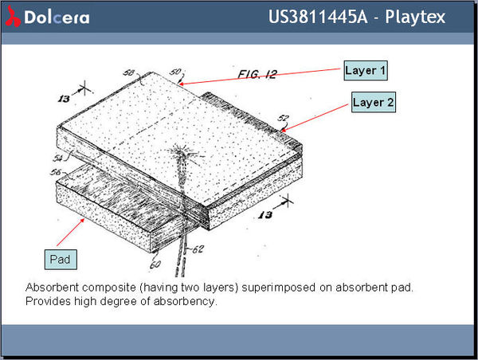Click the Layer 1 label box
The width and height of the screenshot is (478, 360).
(366, 70)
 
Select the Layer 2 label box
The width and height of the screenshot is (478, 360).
(374, 102)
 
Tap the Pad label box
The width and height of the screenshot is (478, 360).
(61, 260)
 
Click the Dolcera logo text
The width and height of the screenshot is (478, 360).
(57, 18)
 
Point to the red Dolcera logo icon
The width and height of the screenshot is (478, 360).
(13, 17)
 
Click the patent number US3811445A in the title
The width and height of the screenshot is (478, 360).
(318, 17)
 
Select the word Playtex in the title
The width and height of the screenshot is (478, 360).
(415, 17)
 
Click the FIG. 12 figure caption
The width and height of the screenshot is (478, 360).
(257, 74)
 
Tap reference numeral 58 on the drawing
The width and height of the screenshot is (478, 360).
(128, 72)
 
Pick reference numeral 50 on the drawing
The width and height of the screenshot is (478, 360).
(175, 72)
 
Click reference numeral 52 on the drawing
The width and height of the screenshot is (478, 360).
(283, 118)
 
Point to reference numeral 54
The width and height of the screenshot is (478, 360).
(58, 158)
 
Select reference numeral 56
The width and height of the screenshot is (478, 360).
(56, 172)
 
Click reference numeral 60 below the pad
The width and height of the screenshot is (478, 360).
(155, 264)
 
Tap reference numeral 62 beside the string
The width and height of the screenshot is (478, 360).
(198, 249)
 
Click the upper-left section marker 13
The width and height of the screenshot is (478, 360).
(64, 99)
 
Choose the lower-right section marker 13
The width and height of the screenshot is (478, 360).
(265, 215)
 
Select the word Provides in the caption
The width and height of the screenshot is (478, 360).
(48, 301)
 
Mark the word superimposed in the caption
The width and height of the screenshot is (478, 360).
(278, 288)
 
